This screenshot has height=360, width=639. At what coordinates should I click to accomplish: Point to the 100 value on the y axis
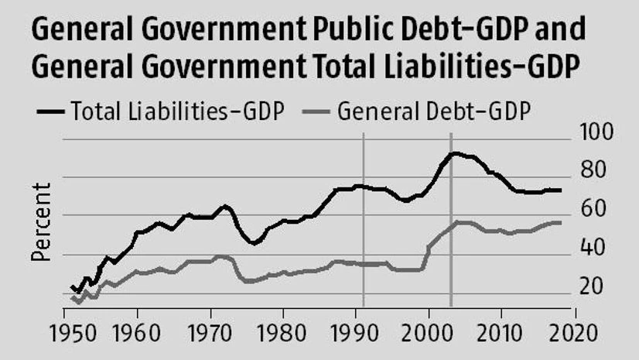click(596, 133)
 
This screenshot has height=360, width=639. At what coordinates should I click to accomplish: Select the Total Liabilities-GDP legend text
click(177, 112)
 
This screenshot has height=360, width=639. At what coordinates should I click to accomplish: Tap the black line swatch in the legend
click(50, 113)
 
